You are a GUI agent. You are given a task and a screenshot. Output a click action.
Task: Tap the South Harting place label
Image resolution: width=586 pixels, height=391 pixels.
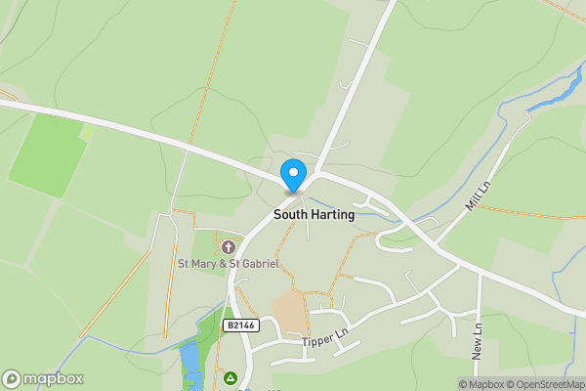coord(314,214)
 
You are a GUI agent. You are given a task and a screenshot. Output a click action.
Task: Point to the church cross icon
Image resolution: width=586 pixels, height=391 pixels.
coord(229,247)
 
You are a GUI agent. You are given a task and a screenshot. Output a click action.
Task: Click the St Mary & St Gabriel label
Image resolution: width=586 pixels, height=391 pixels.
coord(228,264)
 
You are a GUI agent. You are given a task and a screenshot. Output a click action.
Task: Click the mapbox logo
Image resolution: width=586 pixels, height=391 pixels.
coord(42,378)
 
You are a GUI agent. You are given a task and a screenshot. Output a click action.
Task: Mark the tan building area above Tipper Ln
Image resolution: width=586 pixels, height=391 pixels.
coord(290,311)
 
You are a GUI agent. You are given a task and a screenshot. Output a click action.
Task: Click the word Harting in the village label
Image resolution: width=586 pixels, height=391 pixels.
coord(332,214)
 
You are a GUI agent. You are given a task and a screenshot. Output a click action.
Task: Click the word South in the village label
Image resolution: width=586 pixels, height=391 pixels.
coord(290,214)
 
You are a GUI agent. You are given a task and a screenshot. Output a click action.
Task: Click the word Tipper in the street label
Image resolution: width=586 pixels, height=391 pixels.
coord(316,342)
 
